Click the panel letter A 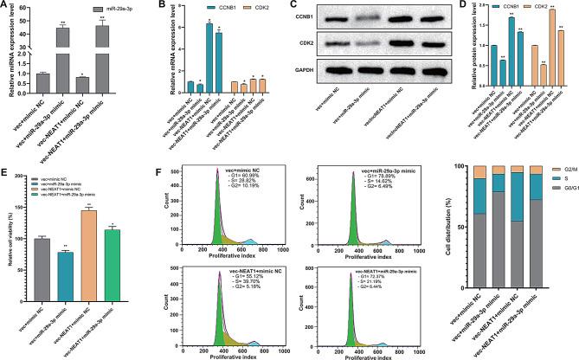[x=5, y=7]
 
